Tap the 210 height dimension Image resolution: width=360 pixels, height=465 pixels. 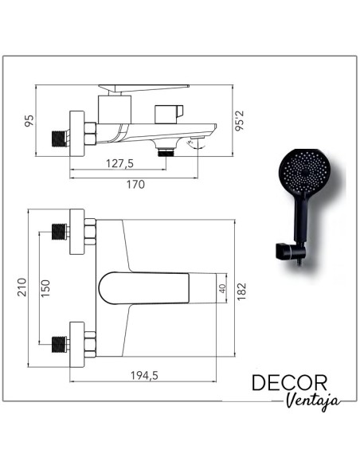click(22, 285)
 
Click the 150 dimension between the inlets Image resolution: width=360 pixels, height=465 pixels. click(45, 285)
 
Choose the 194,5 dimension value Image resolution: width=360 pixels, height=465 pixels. click(144, 376)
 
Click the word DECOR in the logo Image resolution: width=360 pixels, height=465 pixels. click(290, 383)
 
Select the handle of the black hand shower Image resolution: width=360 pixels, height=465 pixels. click(301, 223)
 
